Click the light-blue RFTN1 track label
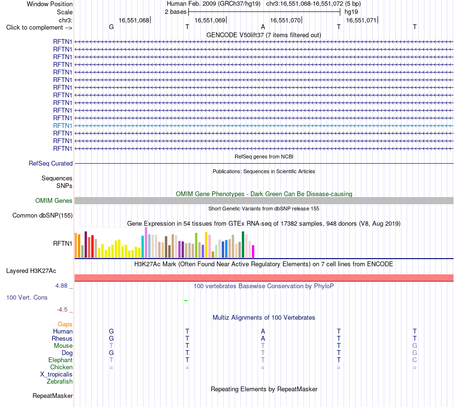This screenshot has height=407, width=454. click(x=63, y=126)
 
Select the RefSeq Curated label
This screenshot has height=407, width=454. click(x=51, y=163)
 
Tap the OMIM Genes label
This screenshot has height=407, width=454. click(x=54, y=200)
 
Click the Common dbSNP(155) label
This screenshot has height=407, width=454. click(x=43, y=215)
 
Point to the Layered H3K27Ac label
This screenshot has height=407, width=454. click(x=31, y=271)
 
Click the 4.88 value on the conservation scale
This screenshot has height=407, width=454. click(x=61, y=286)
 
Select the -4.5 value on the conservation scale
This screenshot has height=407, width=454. click(x=62, y=310)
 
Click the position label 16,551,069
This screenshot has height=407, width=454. click(x=210, y=20)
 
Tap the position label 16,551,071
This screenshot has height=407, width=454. click(x=361, y=20)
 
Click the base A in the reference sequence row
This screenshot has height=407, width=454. click(x=263, y=27)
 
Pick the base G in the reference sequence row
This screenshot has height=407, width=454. click(x=111, y=27)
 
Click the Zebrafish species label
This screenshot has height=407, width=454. click(x=60, y=382)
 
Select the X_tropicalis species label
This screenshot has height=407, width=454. click(x=56, y=375)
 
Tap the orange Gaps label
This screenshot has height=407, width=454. click(x=65, y=324)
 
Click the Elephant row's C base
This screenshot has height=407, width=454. click(x=415, y=360)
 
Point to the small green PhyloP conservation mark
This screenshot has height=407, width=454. click(x=186, y=301)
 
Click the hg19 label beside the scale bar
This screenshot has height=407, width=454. click(x=351, y=12)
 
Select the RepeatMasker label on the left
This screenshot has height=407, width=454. click(x=53, y=396)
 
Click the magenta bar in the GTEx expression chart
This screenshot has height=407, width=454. click(x=253, y=251)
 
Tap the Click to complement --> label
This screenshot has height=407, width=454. click(x=39, y=28)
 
